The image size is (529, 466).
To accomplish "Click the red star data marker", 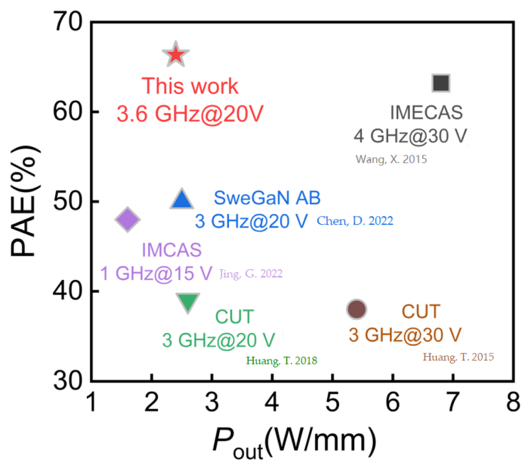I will coord(176,54).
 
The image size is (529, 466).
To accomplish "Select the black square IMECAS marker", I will coord(441,83).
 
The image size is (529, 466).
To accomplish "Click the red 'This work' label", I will coord(190,86).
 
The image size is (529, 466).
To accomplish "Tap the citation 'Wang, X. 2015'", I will coord(391,159).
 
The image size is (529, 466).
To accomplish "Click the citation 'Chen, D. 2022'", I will coord(355,221).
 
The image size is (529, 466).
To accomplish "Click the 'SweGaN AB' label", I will coord(267,198).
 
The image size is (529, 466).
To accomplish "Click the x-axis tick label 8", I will coord(513,402).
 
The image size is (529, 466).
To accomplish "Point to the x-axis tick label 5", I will coord(333,402).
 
